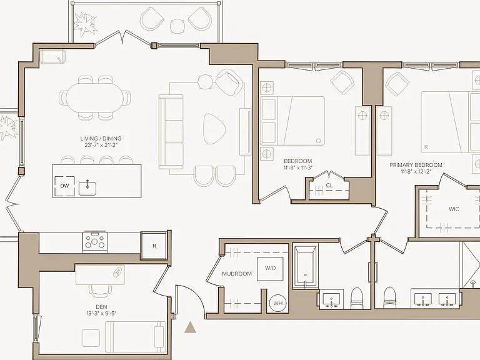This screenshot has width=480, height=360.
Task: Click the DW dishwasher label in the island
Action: click(64, 186)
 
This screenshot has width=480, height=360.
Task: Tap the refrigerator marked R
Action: click(154, 246)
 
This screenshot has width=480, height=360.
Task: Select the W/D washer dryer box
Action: click(270, 269)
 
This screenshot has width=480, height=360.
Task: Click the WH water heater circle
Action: click(277, 303)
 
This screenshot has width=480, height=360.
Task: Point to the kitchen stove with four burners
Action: click(94, 242)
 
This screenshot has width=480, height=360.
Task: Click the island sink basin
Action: click(87, 188)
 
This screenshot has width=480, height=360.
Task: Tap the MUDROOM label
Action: click(237, 274)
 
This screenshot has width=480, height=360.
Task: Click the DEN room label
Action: click(101, 307)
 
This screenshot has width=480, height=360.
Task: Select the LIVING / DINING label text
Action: click(101, 138)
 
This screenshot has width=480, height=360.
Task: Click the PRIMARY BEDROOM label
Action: click(416, 165)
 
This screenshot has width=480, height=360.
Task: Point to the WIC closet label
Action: click(454, 209)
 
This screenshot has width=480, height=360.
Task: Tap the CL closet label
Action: click(329, 186)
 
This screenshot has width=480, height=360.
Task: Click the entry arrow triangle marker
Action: click(190, 327)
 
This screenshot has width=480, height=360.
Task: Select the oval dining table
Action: click(95, 98)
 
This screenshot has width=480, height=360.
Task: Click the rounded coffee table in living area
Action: click(214, 129)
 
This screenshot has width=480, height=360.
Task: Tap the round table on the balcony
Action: click(177, 26)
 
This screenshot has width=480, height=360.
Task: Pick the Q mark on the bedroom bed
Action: click(318, 141)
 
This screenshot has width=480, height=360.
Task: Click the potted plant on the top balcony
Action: click(86, 24)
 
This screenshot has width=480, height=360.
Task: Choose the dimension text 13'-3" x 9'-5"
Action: click(101, 313)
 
